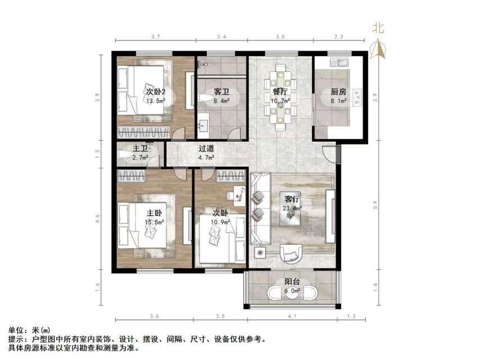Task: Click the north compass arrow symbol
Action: [x=379, y=49]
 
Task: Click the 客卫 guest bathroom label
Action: [x=221, y=91]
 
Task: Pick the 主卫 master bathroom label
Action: [x=139, y=149]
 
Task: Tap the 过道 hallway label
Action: [x=206, y=150]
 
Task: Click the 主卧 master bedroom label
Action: [x=154, y=214]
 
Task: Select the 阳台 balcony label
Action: [x=291, y=282]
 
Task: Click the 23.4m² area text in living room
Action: [x=292, y=208]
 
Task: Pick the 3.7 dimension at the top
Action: [x=156, y=37]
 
